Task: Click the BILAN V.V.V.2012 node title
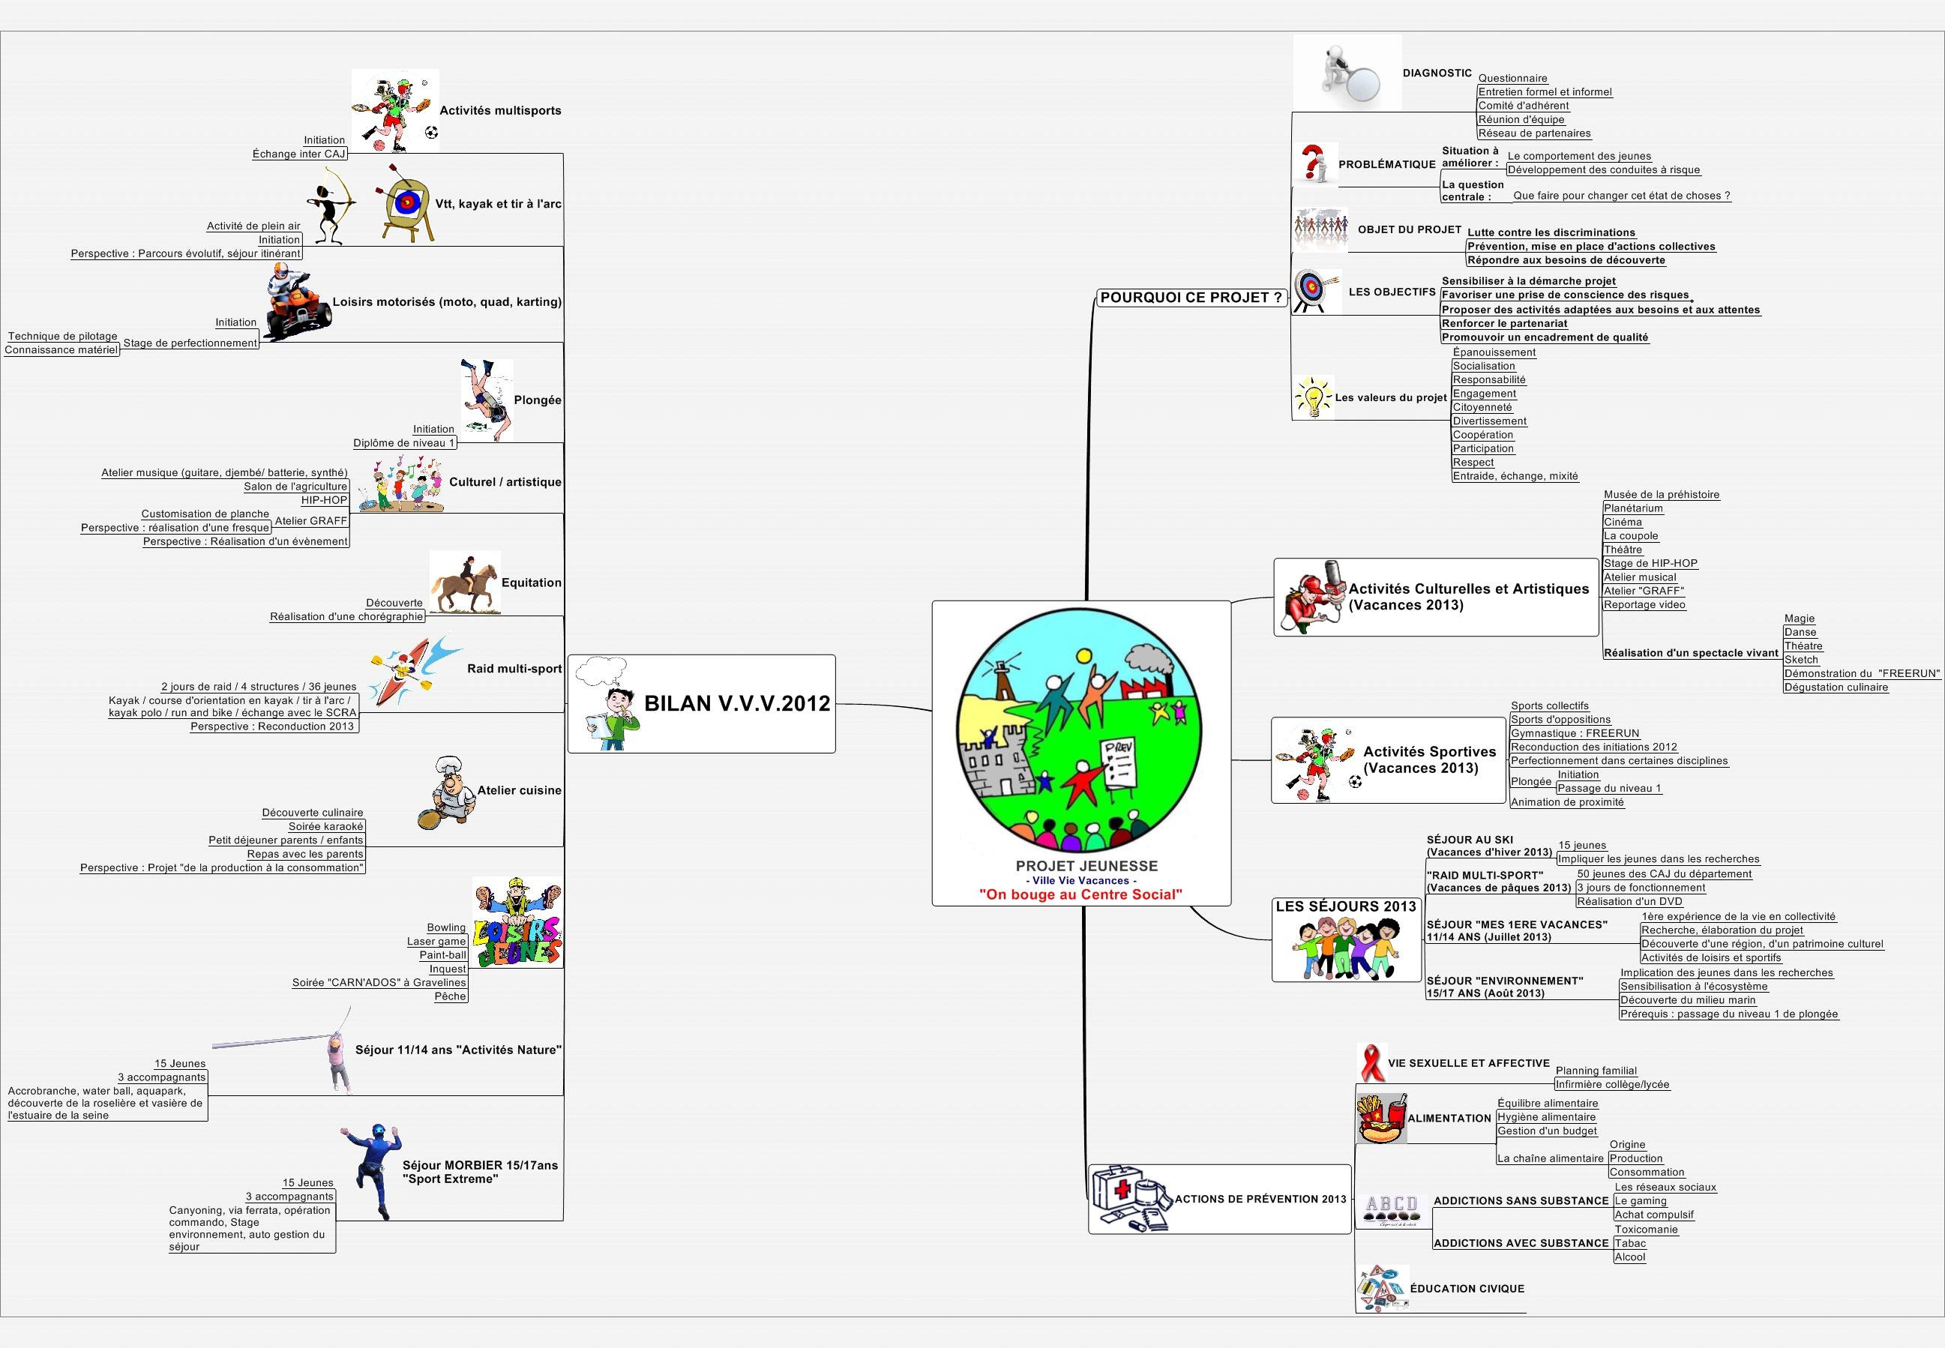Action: coord(737,703)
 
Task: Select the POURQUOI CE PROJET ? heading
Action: coord(1191,298)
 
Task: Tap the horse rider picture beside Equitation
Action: coord(464,583)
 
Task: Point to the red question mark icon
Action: coord(1314,163)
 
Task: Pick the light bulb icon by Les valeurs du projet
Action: coord(1313,396)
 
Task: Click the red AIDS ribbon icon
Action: coord(1371,1062)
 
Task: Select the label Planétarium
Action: coord(1633,508)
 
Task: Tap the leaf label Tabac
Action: coord(1630,1243)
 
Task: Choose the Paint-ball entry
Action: coord(442,955)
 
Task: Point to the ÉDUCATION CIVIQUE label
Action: coord(1467,1289)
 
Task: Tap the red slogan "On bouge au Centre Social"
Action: coord(1080,894)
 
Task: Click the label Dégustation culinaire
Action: coord(1836,687)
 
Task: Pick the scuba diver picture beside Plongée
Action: coord(487,400)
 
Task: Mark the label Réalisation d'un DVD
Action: coord(1630,901)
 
